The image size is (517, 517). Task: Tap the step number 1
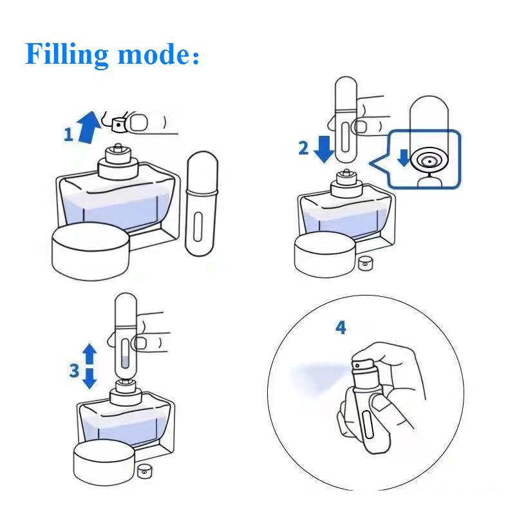click(x=68, y=135)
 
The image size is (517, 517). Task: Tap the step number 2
click(x=303, y=147)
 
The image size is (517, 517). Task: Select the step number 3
click(x=75, y=370)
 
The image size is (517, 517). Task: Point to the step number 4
click(x=341, y=328)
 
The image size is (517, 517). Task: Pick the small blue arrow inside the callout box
click(x=404, y=158)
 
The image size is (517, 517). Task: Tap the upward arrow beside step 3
click(x=90, y=354)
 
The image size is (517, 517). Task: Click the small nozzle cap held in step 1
click(x=118, y=122)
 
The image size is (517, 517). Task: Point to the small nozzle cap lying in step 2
click(x=366, y=262)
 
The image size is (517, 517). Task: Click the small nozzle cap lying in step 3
click(x=144, y=471)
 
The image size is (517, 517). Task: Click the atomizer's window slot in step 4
click(x=368, y=426)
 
